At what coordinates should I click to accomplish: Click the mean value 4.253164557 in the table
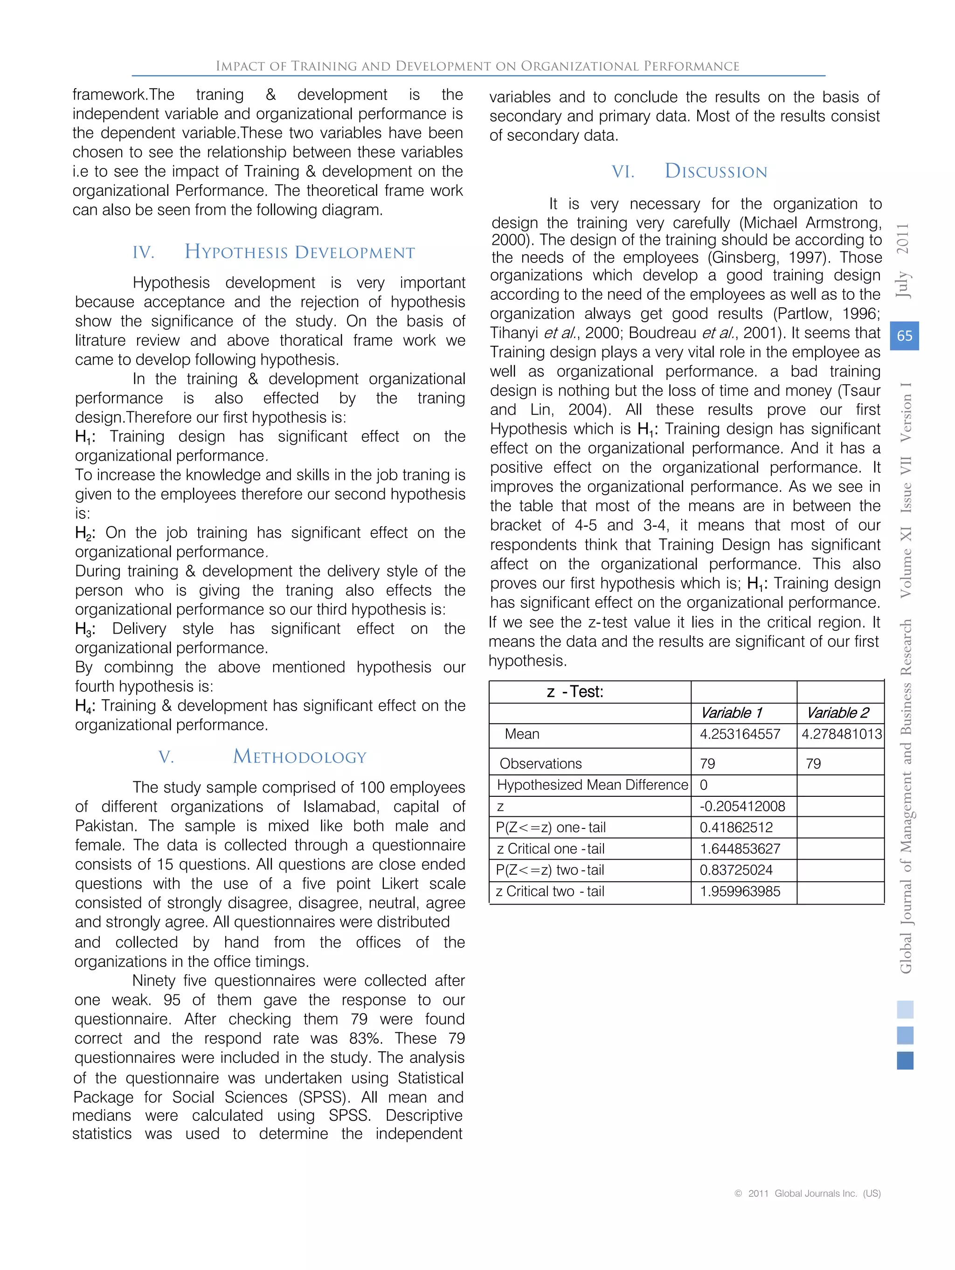(739, 734)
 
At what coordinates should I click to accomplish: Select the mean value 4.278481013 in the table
(841, 734)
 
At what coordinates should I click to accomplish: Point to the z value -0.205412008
(741, 806)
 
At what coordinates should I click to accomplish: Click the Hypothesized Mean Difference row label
(591, 785)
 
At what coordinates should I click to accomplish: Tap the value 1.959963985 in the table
(739, 891)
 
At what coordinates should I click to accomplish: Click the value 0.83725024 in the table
(736, 870)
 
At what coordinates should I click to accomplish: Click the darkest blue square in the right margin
(905, 1061)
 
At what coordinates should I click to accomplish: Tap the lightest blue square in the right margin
(905, 1009)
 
